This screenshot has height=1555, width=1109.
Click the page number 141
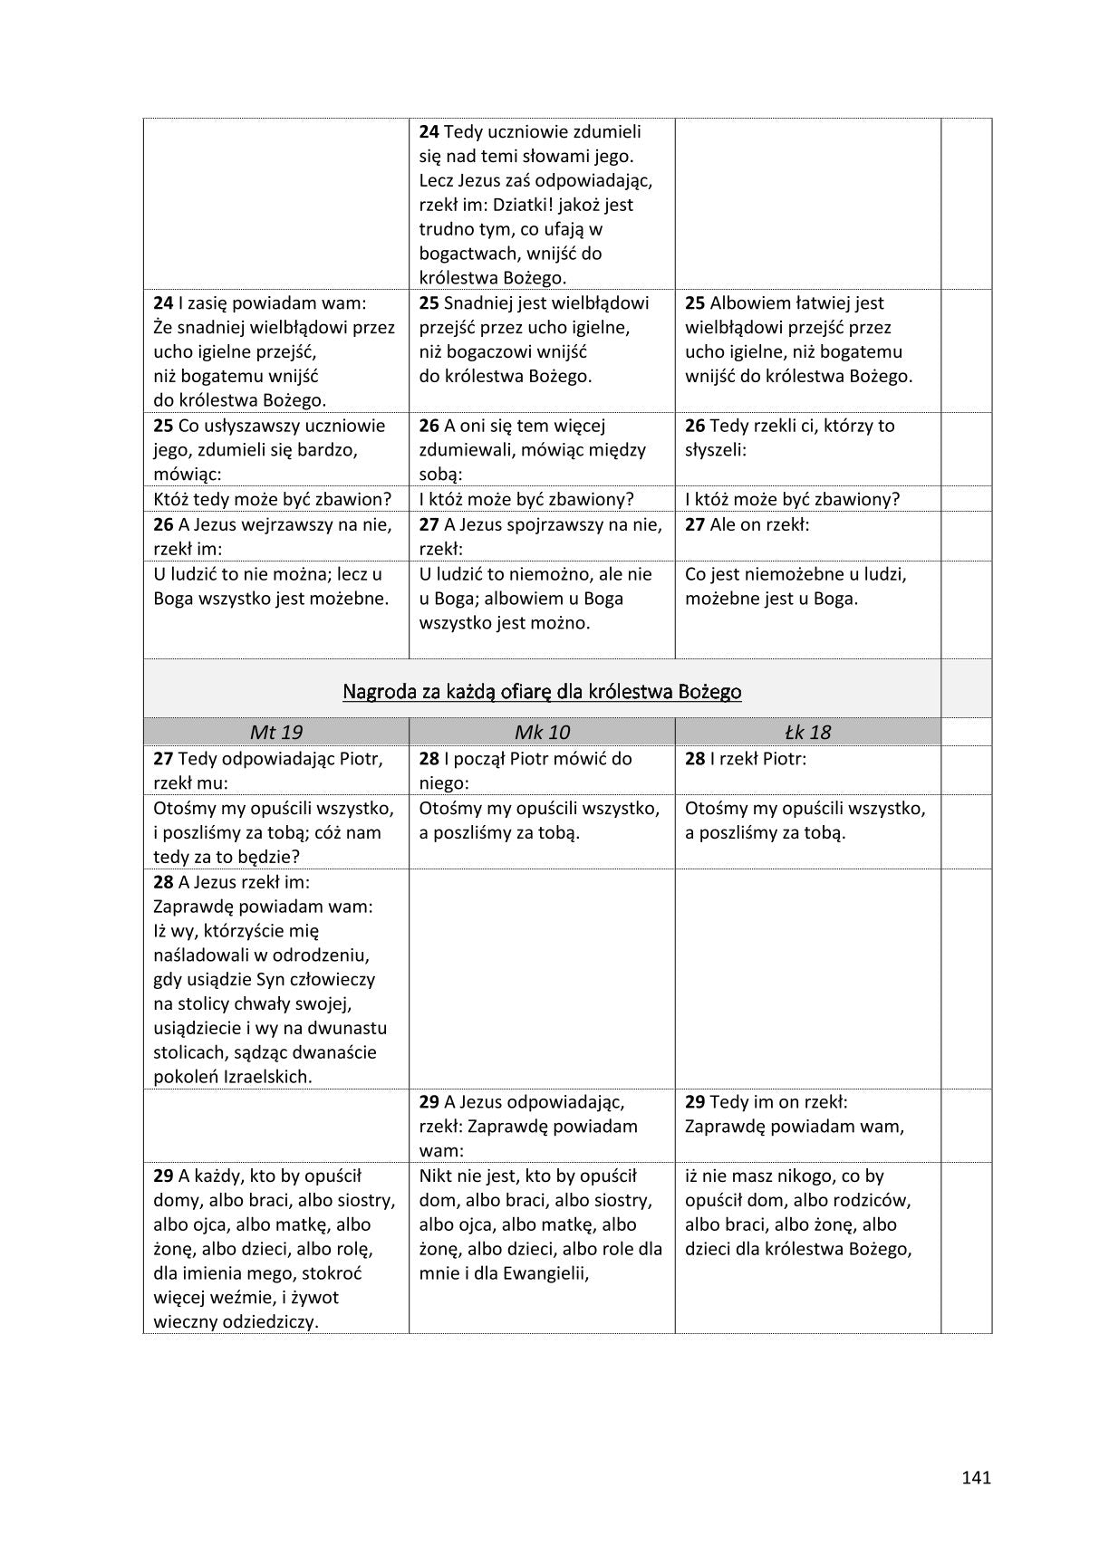click(976, 1477)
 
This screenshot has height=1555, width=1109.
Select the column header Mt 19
click(275, 732)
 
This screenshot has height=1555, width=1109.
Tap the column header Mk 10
click(542, 732)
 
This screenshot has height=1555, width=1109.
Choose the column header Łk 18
click(807, 732)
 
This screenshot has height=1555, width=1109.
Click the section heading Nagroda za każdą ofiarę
click(542, 692)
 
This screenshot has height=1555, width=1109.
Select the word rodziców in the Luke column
click(871, 1200)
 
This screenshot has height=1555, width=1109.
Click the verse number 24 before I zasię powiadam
click(163, 303)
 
